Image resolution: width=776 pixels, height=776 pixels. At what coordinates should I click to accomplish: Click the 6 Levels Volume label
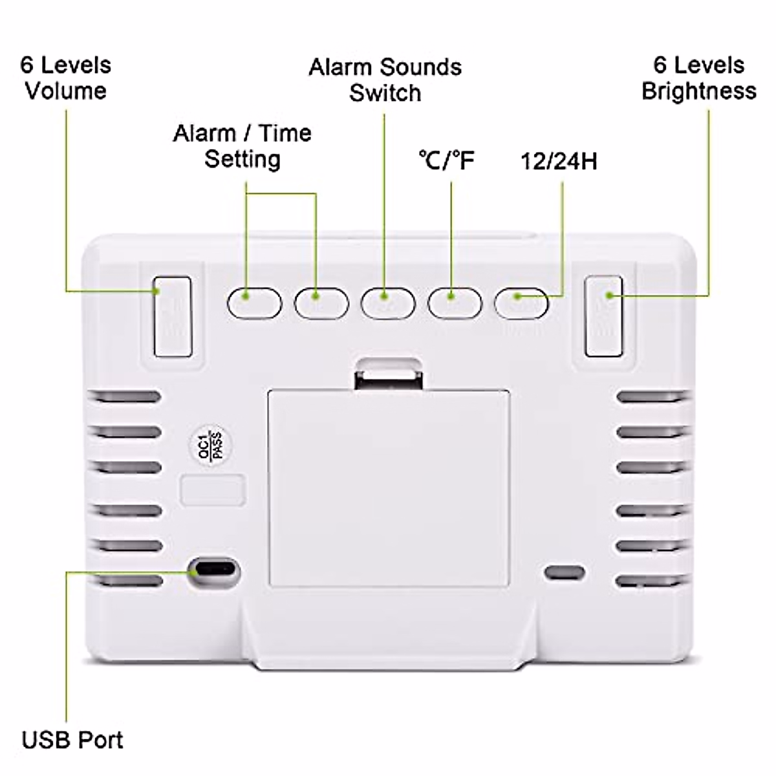click(x=65, y=78)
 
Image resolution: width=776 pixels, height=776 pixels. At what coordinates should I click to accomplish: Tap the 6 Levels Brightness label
click(x=698, y=78)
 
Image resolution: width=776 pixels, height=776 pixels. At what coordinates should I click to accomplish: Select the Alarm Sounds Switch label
click(x=385, y=80)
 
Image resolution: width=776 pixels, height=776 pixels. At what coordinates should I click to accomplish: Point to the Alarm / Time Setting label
click(x=242, y=145)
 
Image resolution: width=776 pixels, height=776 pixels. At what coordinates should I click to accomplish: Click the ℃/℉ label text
click(x=446, y=160)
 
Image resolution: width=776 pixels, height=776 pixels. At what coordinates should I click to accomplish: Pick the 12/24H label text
click(x=559, y=161)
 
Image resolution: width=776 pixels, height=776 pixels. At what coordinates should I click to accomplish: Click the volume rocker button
click(x=173, y=317)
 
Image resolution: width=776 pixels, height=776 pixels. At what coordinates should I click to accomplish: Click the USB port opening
click(x=213, y=571)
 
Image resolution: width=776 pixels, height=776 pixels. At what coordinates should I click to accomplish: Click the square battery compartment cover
click(x=388, y=488)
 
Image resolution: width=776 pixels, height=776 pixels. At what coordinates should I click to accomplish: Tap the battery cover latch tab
click(x=388, y=374)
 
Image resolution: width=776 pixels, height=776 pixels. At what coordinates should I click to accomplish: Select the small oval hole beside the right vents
click(x=565, y=572)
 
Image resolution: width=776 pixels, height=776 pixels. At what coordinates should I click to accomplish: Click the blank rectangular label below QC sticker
click(x=213, y=490)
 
